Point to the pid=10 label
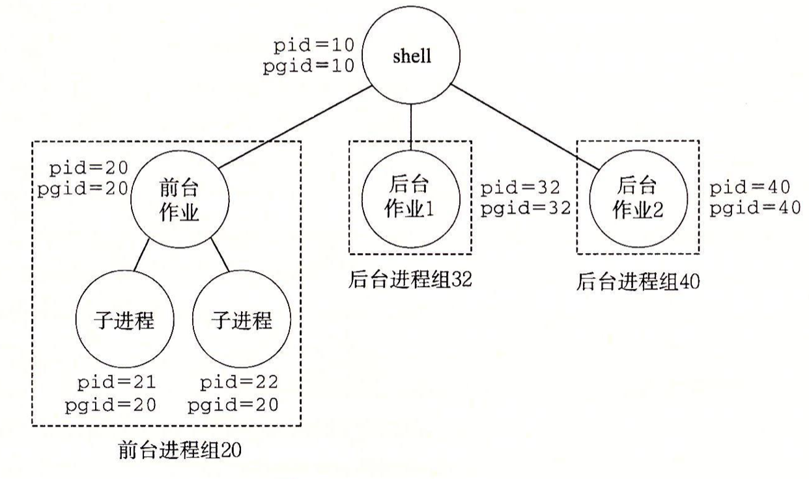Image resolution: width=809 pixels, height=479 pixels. [313, 46]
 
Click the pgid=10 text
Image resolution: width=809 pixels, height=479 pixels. [309, 66]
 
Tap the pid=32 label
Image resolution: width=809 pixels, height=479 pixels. [520, 187]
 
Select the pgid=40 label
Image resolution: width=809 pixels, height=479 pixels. [755, 208]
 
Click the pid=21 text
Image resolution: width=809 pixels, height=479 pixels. [117, 383]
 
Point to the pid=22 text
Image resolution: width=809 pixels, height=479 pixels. [239, 383]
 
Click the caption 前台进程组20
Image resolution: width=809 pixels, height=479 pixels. [180, 450]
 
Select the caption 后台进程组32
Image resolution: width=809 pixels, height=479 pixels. [410, 279]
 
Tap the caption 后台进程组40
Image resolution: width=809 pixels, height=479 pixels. [638, 282]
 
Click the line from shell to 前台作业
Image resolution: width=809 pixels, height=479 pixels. [296, 127]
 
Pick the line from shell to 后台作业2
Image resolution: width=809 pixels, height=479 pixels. [525, 127]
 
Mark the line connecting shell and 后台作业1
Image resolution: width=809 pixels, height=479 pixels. [411, 128]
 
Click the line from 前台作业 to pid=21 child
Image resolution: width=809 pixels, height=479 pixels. [141, 255]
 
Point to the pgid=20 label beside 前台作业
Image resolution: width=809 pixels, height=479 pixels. [83, 189]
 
